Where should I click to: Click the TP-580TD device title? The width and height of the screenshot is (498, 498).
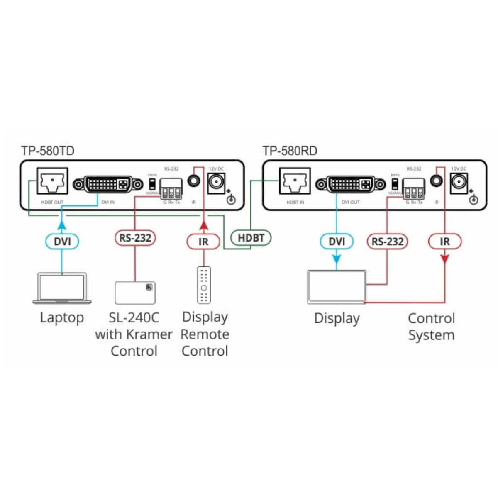click(48, 151)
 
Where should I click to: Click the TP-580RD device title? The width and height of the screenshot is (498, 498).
click(290, 151)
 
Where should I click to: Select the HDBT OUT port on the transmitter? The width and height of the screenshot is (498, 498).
click(52, 181)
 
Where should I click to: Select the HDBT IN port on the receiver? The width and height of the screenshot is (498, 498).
click(295, 181)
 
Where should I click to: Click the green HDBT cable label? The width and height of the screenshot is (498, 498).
click(251, 238)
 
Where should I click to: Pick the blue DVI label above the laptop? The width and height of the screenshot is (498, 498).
click(61, 241)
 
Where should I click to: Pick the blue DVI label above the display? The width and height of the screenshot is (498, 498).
click(337, 241)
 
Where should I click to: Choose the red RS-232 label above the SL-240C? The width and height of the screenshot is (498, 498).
click(135, 238)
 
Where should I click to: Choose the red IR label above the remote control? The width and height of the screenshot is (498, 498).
click(203, 241)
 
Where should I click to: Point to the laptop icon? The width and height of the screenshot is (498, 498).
click(62, 288)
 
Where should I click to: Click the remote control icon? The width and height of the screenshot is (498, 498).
click(203, 285)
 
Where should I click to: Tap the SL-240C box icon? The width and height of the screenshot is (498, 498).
click(135, 293)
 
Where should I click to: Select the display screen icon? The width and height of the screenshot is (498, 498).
click(337, 287)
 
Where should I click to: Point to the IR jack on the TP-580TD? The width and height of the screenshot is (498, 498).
click(193, 181)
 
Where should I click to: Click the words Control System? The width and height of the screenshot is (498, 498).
click(431, 327)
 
